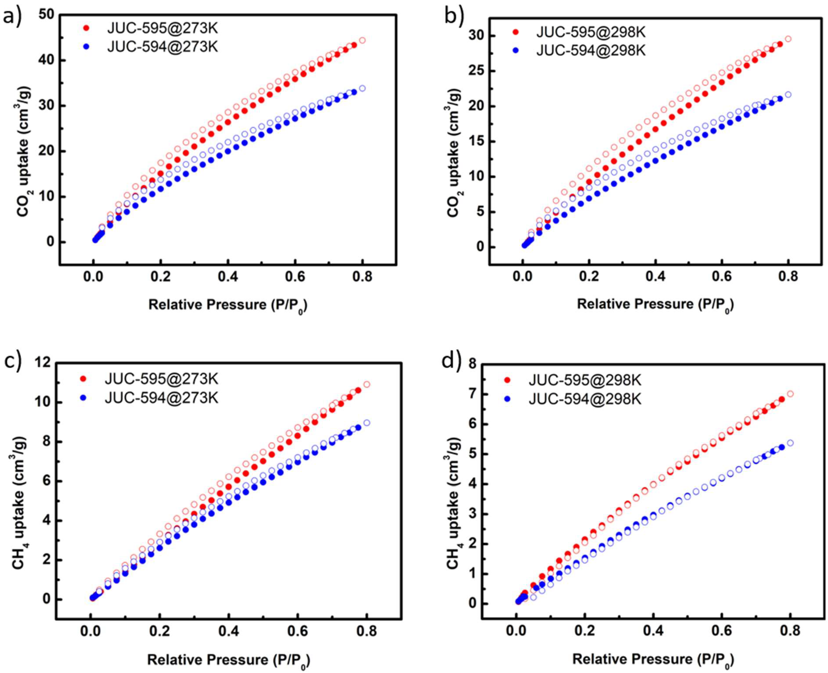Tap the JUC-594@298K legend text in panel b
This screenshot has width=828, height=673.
coord(590,50)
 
